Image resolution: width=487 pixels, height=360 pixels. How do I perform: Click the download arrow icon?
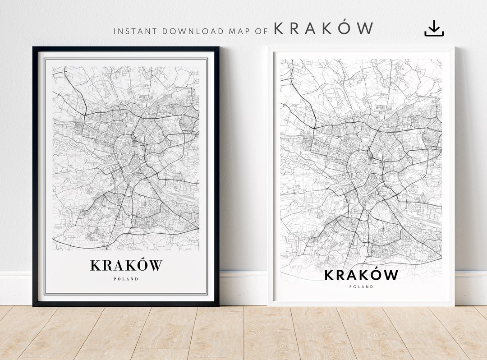coord(434,28)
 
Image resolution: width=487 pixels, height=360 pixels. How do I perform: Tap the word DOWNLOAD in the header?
coord(193,32)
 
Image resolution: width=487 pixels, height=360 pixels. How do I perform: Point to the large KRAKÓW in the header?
coord(323,29)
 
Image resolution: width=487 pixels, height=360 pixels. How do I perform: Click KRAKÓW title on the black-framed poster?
coord(126,265)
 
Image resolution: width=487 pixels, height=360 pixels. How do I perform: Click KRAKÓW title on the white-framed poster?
coord(361,275)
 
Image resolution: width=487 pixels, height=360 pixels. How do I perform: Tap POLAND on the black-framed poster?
coord(126,279)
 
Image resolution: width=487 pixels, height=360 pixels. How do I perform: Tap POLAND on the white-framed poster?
coord(361,286)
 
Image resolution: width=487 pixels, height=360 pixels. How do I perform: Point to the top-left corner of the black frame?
coord(33,47)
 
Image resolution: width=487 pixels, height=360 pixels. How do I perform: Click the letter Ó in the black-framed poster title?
coord(141,265)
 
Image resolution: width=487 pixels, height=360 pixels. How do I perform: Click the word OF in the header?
coord(263,32)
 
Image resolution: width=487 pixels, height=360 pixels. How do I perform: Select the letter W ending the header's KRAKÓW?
coord(364,29)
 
